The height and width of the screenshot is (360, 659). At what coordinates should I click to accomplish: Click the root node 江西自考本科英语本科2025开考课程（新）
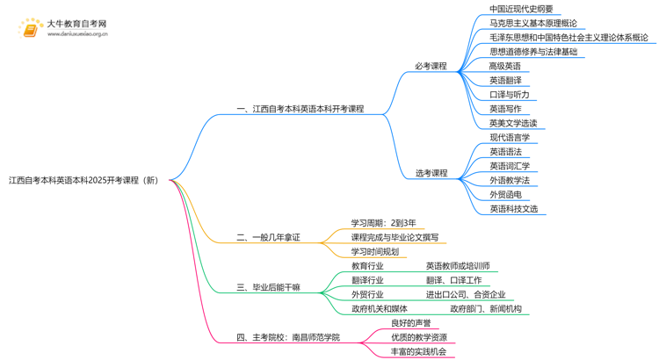pyautogui.click(x=84, y=180)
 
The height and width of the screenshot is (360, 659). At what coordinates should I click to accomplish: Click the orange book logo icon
pyautogui.click(x=30, y=29)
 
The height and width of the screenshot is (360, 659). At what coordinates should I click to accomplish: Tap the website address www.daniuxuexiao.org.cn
pyautogui.click(x=77, y=35)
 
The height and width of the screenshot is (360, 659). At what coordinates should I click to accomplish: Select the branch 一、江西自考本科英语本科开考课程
pyautogui.click(x=300, y=109)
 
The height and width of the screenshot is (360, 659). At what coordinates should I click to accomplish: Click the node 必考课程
pyautogui.click(x=431, y=66)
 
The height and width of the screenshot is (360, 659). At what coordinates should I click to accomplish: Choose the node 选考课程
pyautogui.click(x=431, y=173)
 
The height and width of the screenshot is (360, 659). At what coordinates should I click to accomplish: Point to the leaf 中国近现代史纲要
pyautogui.click(x=521, y=10)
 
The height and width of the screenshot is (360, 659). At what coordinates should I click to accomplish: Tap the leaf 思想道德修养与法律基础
pyautogui.click(x=533, y=52)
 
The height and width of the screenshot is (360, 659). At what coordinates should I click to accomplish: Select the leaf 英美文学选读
pyautogui.click(x=513, y=123)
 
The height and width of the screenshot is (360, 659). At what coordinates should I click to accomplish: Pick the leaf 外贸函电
pyautogui.click(x=505, y=194)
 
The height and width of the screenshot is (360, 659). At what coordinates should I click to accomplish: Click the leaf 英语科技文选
pyautogui.click(x=513, y=209)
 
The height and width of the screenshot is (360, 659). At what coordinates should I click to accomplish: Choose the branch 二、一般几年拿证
pyautogui.click(x=268, y=237)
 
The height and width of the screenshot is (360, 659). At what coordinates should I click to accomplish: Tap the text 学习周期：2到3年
pyautogui.click(x=384, y=223)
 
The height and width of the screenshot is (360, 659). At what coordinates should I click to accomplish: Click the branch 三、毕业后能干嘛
pyautogui.click(x=268, y=287)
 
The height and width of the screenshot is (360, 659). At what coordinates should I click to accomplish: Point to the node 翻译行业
pyautogui.click(x=367, y=280)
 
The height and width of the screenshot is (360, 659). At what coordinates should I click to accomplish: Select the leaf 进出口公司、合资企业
pyautogui.click(x=466, y=294)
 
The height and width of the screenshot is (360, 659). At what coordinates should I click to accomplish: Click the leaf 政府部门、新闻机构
pyautogui.click(x=486, y=309)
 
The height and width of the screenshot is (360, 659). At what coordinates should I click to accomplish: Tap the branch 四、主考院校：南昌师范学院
pyautogui.click(x=287, y=337)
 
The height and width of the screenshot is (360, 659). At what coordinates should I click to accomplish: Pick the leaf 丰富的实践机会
pyautogui.click(x=418, y=351)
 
